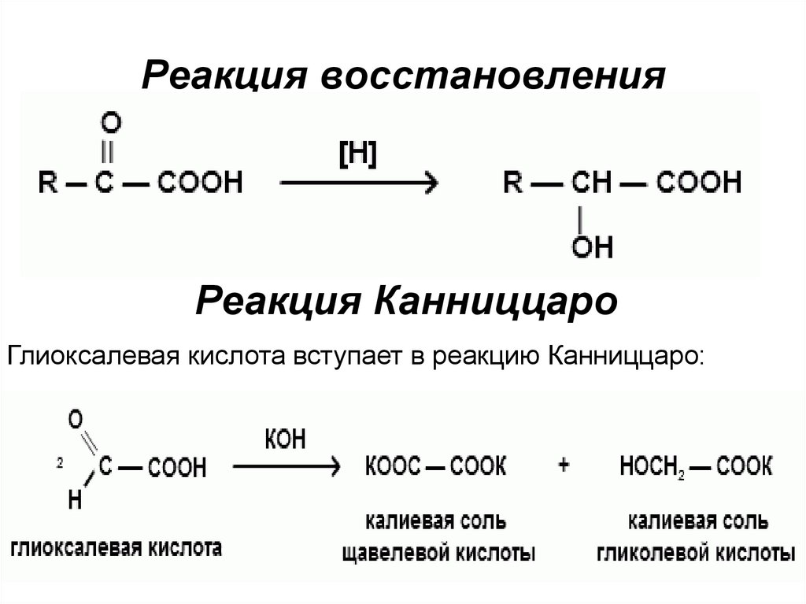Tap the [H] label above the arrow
point(357,155)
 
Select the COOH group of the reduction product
point(699,183)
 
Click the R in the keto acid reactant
point(47,183)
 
